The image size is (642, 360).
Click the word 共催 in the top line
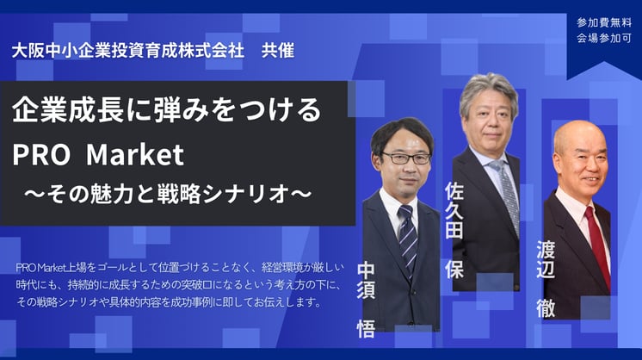(x=275, y=50)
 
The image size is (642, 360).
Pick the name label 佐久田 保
(x=454, y=228)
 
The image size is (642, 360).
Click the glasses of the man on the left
(x=405, y=158)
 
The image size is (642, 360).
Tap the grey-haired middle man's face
(x=488, y=119)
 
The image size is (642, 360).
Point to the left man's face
(x=404, y=159)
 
